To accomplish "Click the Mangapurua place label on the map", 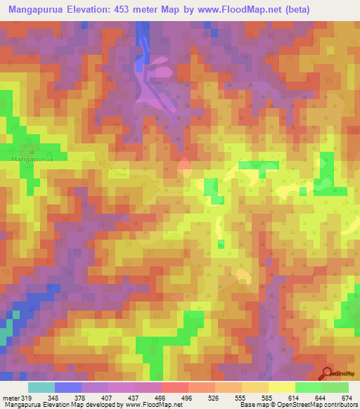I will (x=31, y=160).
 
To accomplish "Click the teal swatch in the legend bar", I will (x=41, y=387).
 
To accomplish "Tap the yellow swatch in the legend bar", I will (x=281, y=387).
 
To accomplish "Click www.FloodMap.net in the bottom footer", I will (x=146, y=404).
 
